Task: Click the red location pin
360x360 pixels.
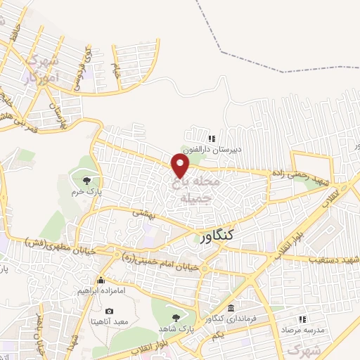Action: click(x=181, y=166)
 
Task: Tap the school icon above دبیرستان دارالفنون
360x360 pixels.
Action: click(x=212, y=139)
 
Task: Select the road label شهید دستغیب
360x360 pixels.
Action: click(x=332, y=260)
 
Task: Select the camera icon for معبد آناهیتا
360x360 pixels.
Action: click(x=109, y=311)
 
